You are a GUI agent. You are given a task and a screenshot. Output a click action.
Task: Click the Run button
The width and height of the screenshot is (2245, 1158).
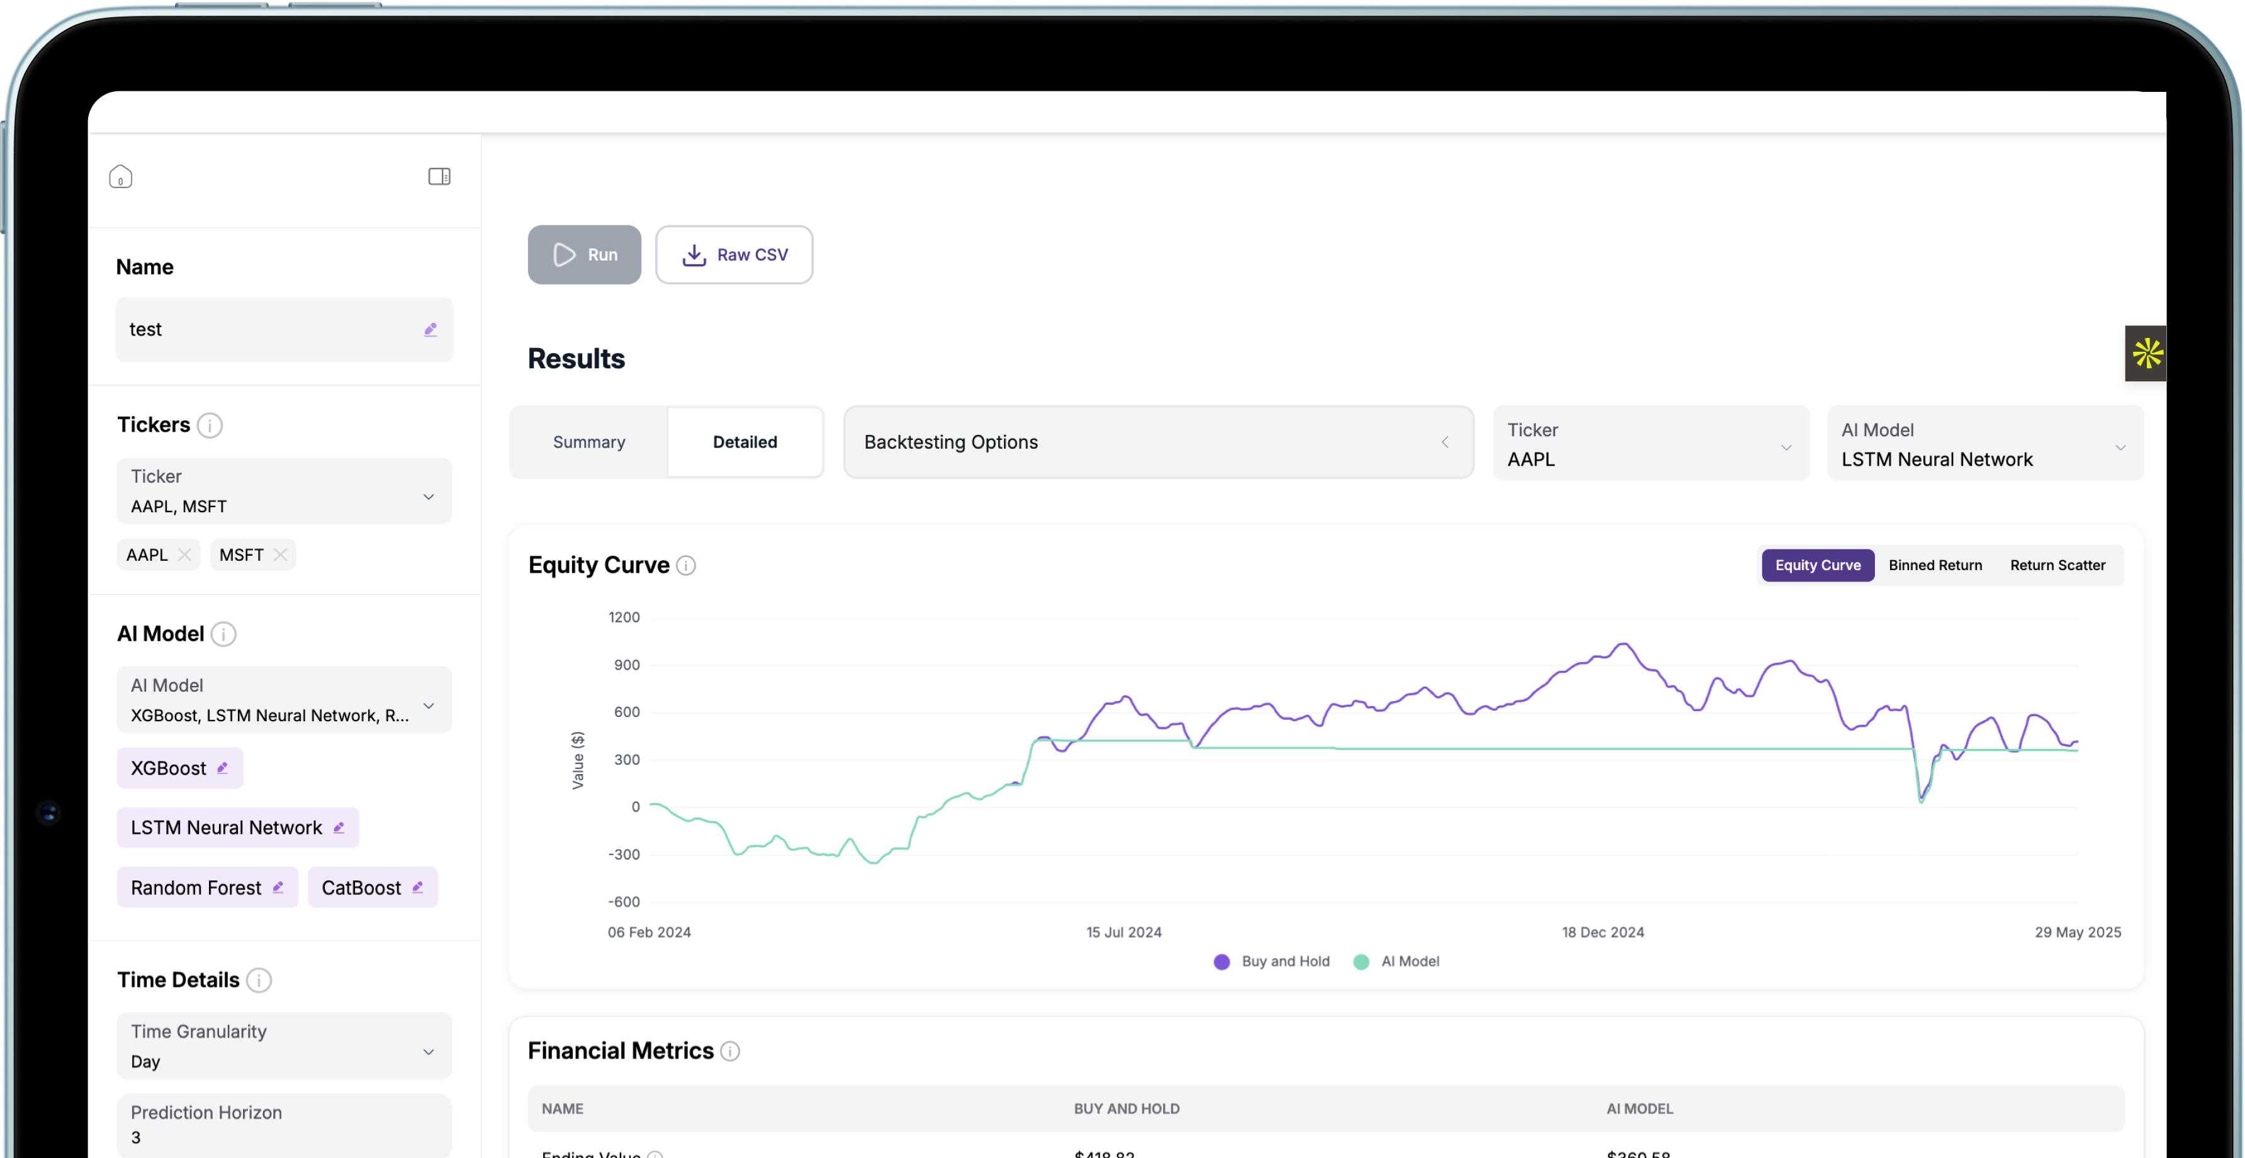[584, 254]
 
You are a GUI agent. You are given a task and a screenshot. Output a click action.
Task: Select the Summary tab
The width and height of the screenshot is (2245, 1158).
[589, 442]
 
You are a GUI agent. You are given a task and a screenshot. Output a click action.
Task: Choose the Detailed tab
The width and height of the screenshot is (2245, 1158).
[745, 442]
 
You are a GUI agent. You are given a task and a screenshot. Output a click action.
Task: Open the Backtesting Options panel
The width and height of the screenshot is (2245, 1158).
[1157, 442]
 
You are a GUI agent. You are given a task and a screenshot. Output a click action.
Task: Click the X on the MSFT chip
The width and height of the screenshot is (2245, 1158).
[279, 555]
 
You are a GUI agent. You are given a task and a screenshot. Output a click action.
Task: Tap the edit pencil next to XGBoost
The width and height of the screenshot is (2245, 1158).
[222, 768]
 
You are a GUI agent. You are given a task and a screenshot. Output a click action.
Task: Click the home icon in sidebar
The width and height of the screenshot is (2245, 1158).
[120, 177]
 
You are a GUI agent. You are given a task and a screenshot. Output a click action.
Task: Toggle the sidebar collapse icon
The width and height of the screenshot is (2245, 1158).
[439, 177]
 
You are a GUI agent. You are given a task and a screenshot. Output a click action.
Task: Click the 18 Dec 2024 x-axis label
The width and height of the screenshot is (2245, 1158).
[1602, 932]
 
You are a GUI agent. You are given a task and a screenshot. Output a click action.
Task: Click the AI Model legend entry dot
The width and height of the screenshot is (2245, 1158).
[1361, 962]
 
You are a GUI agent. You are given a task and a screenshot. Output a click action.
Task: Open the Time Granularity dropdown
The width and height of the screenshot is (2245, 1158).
[284, 1045]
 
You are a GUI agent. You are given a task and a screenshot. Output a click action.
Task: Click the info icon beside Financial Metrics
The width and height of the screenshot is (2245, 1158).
[730, 1052]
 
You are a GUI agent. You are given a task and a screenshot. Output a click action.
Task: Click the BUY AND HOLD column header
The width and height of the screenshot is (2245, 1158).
[1126, 1109]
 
